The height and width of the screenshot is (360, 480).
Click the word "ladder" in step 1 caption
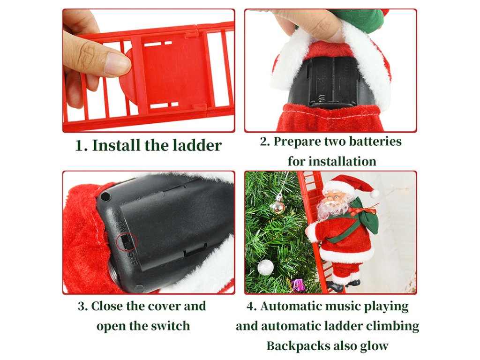(197, 145)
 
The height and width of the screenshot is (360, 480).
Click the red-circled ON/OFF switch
(127, 241)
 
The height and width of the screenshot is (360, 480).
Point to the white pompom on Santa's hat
(374, 194)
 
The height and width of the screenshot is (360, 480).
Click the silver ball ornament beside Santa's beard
(277, 207)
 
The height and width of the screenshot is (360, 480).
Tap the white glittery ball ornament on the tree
(265, 267)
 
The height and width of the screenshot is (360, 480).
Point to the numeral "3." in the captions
(82, 306)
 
